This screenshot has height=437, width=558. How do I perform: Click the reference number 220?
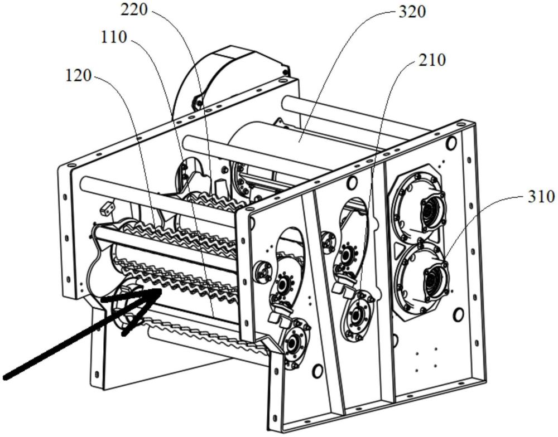[x=134, y=10]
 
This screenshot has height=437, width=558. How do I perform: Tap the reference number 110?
[x=114, y=37]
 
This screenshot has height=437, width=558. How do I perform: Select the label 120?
[x=78, y=75]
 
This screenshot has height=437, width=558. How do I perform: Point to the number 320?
[x=412, y=12]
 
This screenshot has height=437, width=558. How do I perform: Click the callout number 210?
[x=432, y=60]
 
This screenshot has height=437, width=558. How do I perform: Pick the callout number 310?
[x=541, y=197]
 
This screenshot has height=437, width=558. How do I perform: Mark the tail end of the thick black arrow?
[x=5, y=377]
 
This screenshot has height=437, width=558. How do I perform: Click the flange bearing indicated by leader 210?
[x=357, y=315]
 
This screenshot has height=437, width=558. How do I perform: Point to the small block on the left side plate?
[x=107, y=208]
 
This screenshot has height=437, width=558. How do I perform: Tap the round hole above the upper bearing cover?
[x=451, y=143]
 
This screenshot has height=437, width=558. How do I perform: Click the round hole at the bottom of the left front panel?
[x=318, y=371]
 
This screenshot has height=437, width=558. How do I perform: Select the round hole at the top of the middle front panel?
[x=352, y=183]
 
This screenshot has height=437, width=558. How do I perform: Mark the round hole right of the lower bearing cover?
[x=458, y=314]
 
